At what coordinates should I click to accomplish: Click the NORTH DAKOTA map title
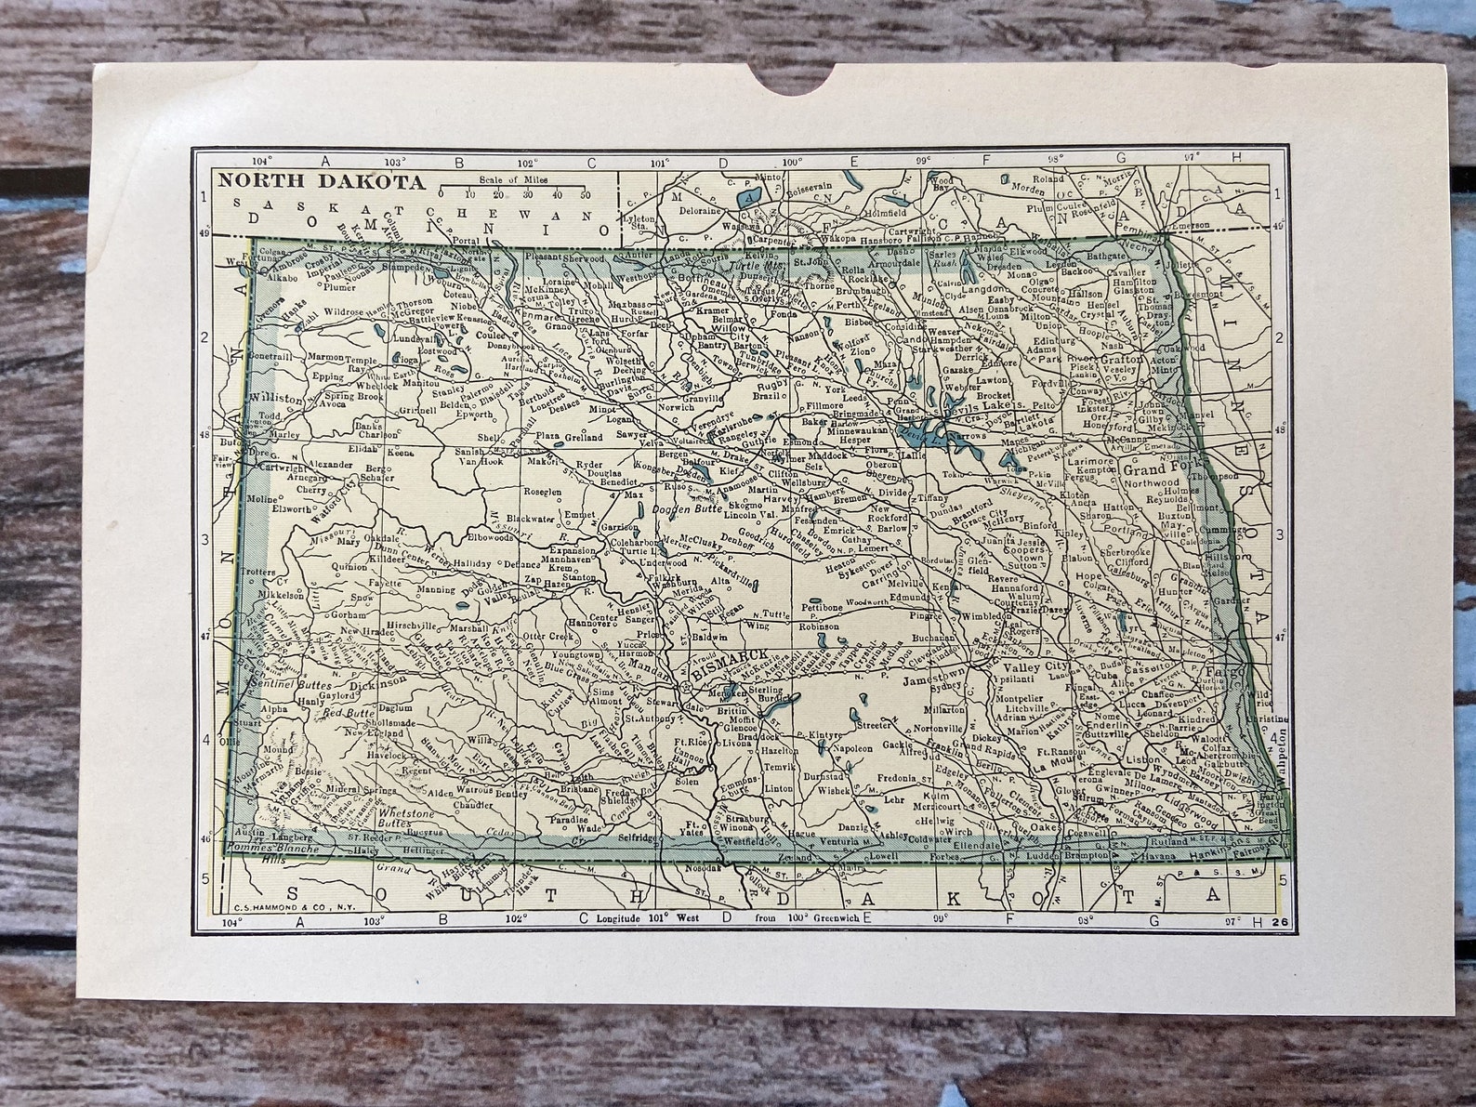[x=322, y=181]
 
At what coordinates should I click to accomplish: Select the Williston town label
[x=276, y=398]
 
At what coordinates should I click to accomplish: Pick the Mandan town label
[x=650, y=666]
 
